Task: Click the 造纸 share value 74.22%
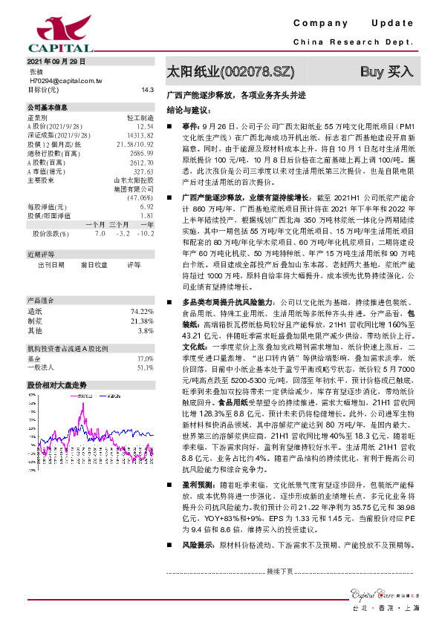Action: (x=141, y=290)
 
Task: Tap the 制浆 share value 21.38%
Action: (x=141, y=300)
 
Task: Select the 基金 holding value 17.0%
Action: (x=144, y=337)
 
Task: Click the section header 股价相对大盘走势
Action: (x=57, y=364)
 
